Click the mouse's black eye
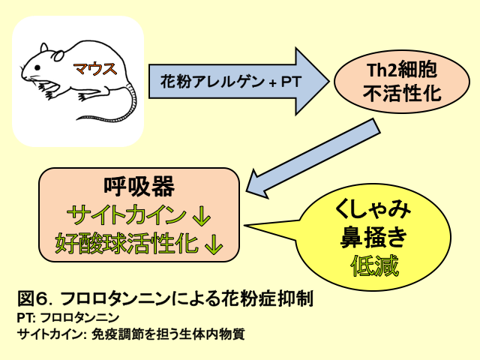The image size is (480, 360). pyautogui.click(x=37, y=67)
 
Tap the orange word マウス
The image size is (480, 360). pyautogui.click(x=95, y=68)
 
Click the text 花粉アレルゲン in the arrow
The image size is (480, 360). pyautogui.click(x=212, y=82)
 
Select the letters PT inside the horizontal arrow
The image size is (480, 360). pyautogui.click(x=291, y=82)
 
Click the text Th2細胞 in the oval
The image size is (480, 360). pyautogui.click(x=402, y=70)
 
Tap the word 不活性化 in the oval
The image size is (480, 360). pyautogui.click(x=402, y=93)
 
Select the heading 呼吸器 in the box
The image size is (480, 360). pyautogui.click(x=139, y=186)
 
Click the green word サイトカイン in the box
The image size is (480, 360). pyautogui.click(x=127, y=214)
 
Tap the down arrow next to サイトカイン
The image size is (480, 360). pyautogui.click(x=202, y=216)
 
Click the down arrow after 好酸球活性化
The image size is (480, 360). pyautogui.click(x=213, y=244)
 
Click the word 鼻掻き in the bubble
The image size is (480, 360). pyautogui.click(x=373, y=237)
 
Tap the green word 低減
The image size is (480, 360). pyautogui.click(x=374, y=265)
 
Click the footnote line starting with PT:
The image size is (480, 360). pyautogui.click(x=68, y=317)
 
